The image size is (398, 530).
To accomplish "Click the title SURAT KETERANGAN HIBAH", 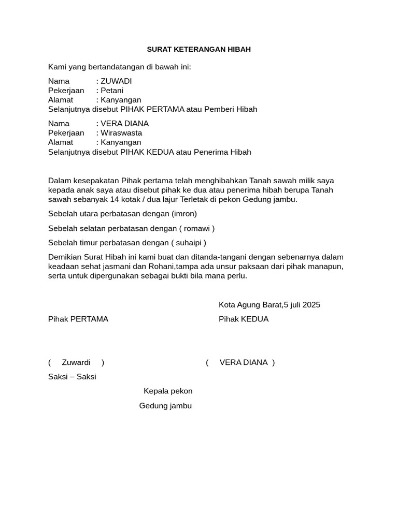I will coord(198,49).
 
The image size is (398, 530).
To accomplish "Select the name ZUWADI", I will coord(116,81).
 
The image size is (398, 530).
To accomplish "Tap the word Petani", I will coord(112,91).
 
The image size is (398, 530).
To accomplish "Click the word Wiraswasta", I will coord(121,133).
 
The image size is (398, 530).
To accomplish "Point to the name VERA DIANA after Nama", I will coord(124,124).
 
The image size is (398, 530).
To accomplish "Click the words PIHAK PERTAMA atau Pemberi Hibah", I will coord(189,109).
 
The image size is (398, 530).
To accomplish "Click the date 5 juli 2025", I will coord(302,305).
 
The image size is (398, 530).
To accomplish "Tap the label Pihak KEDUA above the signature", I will coord(244,319).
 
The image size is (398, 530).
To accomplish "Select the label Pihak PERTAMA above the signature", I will coord(78,319).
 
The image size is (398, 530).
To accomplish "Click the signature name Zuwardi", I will coord(76,362).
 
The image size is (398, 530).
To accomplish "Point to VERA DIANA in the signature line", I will coord(244,362).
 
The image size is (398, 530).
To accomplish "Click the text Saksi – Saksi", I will coord(72,377).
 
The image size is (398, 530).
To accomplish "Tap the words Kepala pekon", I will coord(168,391).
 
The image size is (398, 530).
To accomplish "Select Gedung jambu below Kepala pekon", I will coord(165,406).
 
